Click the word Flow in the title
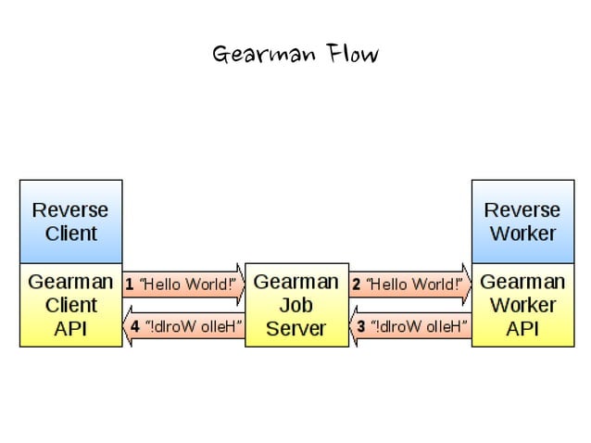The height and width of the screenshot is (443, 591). tap(352, 54)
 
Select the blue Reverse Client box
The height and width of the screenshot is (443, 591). tap(70, 221)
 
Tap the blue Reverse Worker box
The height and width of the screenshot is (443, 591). tap(522, 221)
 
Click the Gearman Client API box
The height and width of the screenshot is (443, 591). tap(70, 305)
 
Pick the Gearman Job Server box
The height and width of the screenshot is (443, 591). tap(296, 305)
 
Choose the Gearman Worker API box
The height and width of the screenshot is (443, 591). tap(522, 305)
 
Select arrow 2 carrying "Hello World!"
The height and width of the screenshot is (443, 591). tap(409, 285)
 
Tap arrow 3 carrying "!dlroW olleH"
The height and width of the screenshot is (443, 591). tap(409, 326)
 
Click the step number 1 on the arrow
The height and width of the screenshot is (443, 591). tap(130, 285)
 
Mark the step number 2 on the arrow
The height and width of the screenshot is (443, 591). tap(356, 285)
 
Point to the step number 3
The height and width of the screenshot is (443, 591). tap(362, 326)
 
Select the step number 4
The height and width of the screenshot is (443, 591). tap(135, 326)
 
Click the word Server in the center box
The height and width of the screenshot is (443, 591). tap(296, 328)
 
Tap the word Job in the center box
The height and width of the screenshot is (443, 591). tap(296, 305)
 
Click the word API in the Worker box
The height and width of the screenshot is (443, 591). tap(522, 328)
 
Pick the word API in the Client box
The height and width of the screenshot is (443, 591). tap(70, 328)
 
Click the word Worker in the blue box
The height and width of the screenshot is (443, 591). tap(522, 233)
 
